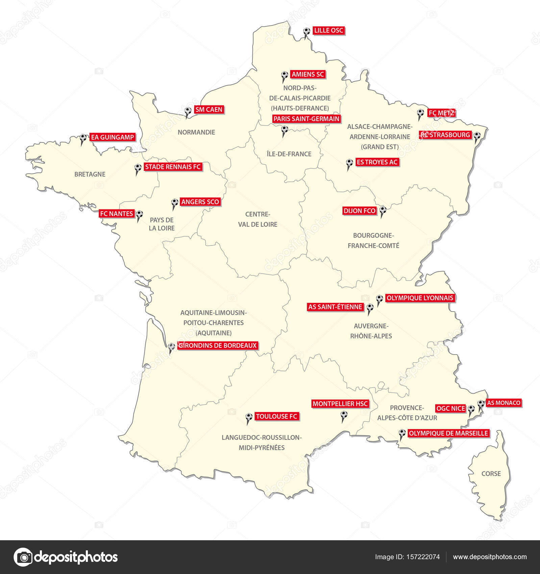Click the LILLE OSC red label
pyautogui.click(x=328, y=31)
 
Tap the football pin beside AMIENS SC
pyautogui.click(x=285, y=75)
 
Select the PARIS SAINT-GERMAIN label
pyautogui.click(x=306, y=119)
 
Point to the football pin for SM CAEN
pyautogui.click(x=188, y=111)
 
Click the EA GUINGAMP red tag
pyautogui.click(x=113, y=137)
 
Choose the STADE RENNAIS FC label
pyautogui.click(x=173, y=167)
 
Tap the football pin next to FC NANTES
pyautogui.click(x=139, y=214)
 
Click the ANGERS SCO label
pyautogui.click(x=200, y=202)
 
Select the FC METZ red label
pyautogui.click(x=441, y=113)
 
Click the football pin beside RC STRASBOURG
pyautogui.click(x=477, y=136)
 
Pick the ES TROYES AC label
pyautogui.click(x=377, y=162)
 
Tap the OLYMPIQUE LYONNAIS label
pyautogui.click(x=420, y=298)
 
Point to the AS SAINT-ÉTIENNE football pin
pyautogui.click(x=370, y=308)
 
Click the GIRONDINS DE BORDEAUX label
pyautogui.click(x=218, y=346)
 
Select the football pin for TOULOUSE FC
pyautogui.click(x=249, y=417)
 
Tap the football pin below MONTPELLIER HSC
pyautogui.click(x=344, y=414)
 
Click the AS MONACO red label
pyautogui.click(x=503, y=403)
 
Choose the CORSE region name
pyautogui.click(x=491, y=474)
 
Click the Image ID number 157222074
pyautogui.click(x=424, y=557)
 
